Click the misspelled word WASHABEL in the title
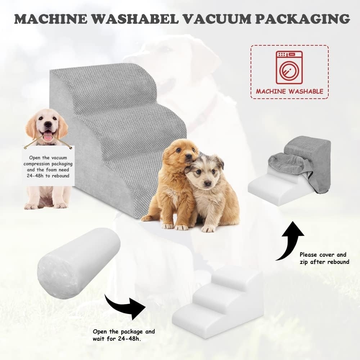(x=135, y=19)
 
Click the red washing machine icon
(x=289, y=67)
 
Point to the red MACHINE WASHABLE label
(x=289, y=91)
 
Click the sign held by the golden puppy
(x=49, y=166)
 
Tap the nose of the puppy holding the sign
(x=48, y=125)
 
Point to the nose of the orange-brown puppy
(x=188, y=156)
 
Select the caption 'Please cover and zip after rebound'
(x=324, y=258)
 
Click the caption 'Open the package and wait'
(x=124, y=335)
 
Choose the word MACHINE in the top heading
(x=51, y=19)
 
